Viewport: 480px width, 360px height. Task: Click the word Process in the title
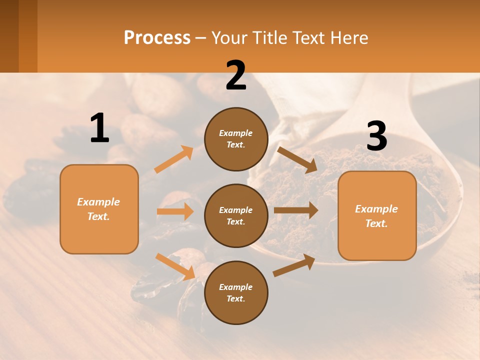[x=157, y=38]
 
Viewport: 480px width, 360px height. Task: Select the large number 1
[x=99, y=128]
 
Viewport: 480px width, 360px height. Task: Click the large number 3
[x=376, y=136]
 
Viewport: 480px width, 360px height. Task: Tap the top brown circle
[x=236, y=139]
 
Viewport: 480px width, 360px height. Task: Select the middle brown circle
[x=236, y=215]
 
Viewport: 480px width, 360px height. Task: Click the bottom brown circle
[x=236, y=292]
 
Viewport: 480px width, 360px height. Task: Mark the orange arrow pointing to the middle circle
[x=175, y=211]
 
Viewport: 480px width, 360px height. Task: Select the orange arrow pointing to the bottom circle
[x=175, y=266]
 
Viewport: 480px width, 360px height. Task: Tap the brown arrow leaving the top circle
[x=297, y=160]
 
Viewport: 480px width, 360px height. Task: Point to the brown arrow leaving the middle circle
[x=296, y=210]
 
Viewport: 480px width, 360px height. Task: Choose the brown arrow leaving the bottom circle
[x=294, y=265]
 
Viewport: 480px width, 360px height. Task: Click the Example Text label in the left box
[x=99, y=209]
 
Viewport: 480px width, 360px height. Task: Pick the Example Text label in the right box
[x=376, y=216]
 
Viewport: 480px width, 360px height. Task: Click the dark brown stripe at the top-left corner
[x=9, y=36]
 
